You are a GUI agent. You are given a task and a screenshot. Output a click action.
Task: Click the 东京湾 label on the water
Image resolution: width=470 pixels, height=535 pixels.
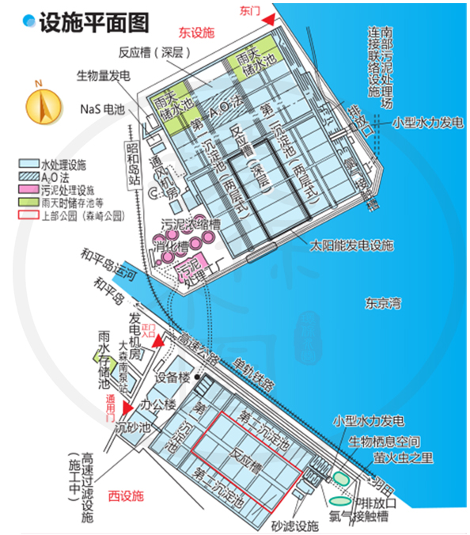(x=383, y=302)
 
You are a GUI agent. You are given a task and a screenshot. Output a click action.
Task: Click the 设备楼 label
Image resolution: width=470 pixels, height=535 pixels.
(x=173, y=378)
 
